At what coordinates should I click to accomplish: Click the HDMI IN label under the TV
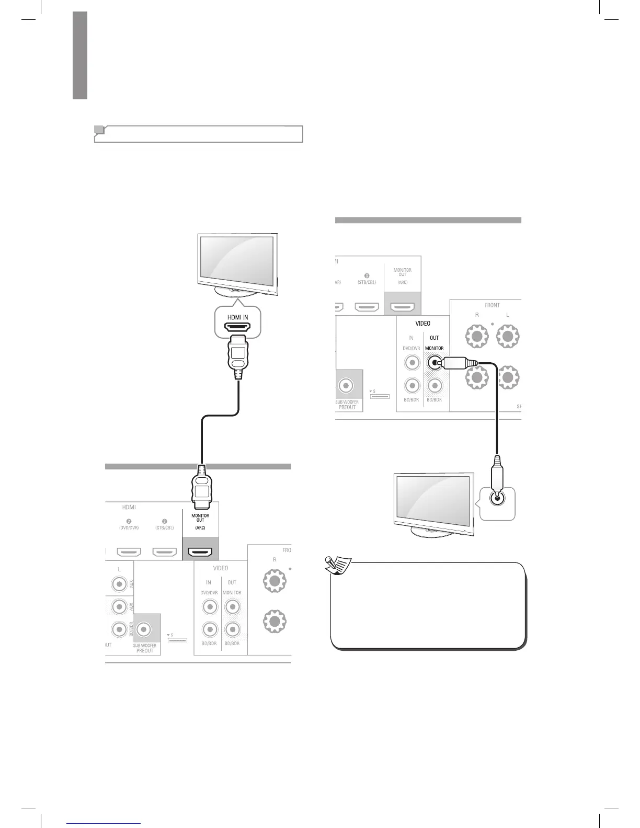[x=237, y=317]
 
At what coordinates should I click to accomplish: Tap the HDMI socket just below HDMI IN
[x=237, y=328]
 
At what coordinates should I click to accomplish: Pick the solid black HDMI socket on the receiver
[x=200, y=552]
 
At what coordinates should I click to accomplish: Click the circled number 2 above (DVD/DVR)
[x=128, y=521]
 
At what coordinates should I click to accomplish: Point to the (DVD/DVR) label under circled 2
[x=128, y=528]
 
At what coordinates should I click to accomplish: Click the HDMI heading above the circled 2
[x=129, y=507]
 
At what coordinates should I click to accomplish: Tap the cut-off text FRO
[x=287, y=550]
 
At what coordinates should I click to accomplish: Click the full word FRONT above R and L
[x=492, y=305]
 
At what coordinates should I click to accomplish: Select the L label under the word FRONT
[x=507, y=315]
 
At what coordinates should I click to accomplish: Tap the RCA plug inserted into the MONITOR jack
[x=454, y=362]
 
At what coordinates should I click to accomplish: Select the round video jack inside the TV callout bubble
[x=497, y=498]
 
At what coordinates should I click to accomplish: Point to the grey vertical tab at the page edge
[x=79, y=55]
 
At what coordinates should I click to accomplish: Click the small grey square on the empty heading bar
[x=99, y=130]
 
